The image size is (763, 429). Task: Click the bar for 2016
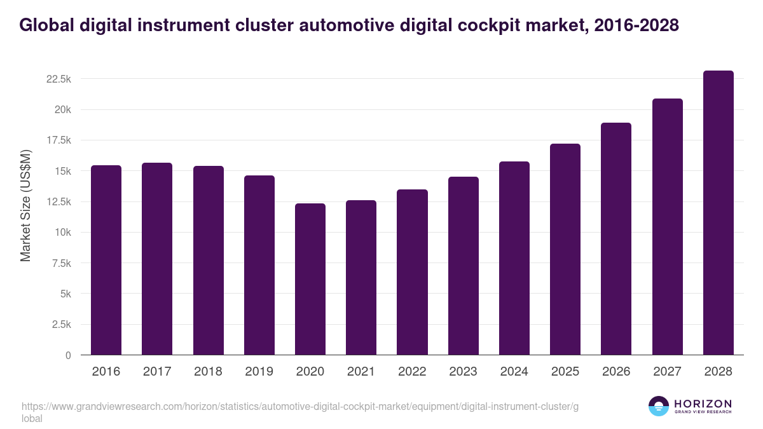point(106,260)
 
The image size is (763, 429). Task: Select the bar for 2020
point(310,279)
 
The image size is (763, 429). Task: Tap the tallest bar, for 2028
point(718,213)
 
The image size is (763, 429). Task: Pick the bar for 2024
point(514,258)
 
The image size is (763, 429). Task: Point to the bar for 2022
point(412,272)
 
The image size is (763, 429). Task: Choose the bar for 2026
point(616,239)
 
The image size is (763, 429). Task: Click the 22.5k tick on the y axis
point(58,79)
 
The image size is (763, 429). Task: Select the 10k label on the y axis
point(62,233)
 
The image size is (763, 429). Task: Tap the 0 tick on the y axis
point(67,355)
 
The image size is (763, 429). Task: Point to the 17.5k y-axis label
point(58,140)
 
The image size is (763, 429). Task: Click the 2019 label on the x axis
point(259,372)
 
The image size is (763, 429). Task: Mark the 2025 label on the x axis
point(565,372)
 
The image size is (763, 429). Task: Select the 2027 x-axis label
point(667,372)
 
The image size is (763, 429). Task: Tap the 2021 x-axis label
point(361,372)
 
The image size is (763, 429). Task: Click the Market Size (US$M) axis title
point(25,205)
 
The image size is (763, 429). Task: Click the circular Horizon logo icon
point(659,406)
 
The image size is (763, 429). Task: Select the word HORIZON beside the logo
point(703,404)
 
